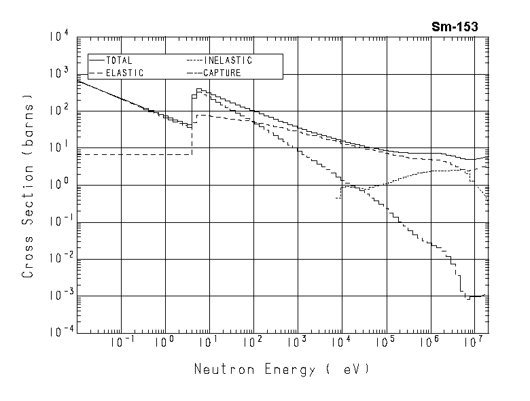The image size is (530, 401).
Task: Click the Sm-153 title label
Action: click(x=455, y=27)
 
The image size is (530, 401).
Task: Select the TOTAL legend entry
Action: click(x=119, y=60)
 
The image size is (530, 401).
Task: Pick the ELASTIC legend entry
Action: click(x=123, y=73)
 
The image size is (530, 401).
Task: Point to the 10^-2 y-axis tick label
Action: click(x=58, y=258)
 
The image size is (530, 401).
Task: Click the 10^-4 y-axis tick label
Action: click(x=58, y=332)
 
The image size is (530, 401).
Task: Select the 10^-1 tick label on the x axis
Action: click(x=120, y=343)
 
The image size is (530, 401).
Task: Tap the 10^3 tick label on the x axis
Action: click(x=297, y=343)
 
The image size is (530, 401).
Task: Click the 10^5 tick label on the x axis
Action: click(x=385, y=343)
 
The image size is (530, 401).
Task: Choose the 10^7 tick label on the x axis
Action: click(x=474, y=343)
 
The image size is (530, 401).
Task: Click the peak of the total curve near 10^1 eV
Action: click(x=198, y=89)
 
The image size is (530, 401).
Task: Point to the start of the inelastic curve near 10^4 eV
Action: click(x=338, y=198)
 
